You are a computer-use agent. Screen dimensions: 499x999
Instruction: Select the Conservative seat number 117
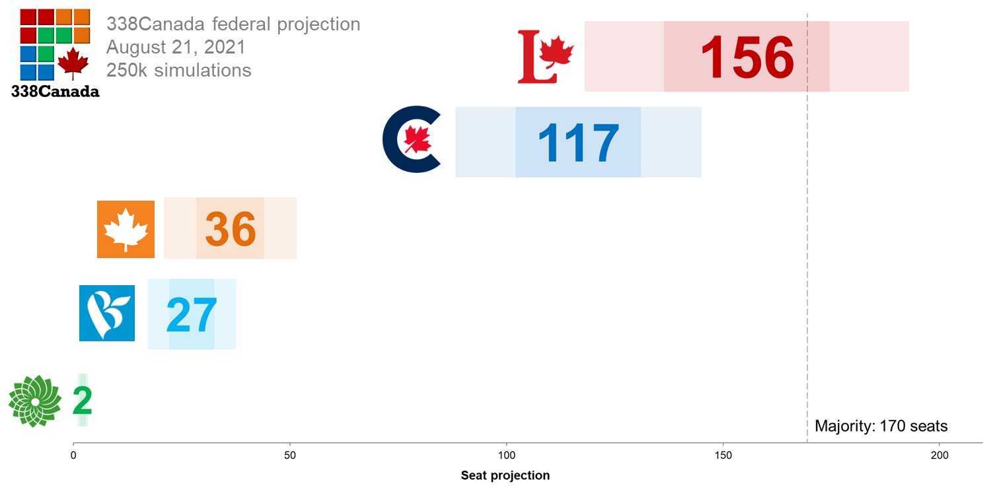click(578, 143)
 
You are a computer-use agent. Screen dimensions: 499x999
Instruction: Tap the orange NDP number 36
click(230, 229)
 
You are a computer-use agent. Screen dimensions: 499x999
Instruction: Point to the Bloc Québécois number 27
click(191, 316)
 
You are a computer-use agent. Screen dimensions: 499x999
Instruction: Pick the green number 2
click(82, 401)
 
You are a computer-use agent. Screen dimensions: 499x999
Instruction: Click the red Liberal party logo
click(546, 57)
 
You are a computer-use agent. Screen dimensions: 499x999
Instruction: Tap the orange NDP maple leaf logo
click(126, 229)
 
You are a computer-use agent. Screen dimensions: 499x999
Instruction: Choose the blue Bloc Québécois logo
click(107, 313)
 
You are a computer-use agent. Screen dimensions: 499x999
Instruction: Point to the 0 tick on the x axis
click(73, 455)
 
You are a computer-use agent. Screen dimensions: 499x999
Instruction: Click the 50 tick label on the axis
click(289, 455)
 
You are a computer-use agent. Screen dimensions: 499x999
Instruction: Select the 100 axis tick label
click(506, 455)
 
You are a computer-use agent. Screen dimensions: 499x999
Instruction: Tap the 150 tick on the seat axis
click(723, 455)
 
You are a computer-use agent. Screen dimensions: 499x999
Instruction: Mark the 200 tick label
click(939, 455)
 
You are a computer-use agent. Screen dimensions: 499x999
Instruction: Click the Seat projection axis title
click(505, 475)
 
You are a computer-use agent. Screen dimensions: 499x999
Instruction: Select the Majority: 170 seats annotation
click(881, 426)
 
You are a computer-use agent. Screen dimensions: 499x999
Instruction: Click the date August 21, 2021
click(176, 48)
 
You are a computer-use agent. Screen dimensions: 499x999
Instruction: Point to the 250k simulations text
click(178, 70)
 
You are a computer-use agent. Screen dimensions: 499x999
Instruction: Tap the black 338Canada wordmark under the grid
click(55, 92)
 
